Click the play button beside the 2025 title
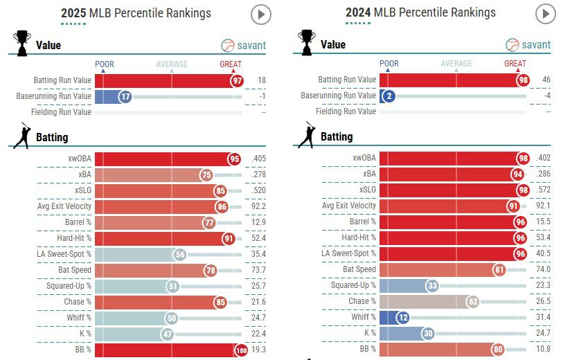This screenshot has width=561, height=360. (261, 14)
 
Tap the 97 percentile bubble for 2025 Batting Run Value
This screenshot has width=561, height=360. (238, 80)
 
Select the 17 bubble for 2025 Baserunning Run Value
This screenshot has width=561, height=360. (125, 96)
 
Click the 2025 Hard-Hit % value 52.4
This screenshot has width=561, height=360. (258, 238)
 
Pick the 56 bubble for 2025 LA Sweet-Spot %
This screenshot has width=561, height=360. (179, 254)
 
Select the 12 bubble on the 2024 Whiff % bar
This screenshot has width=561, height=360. (400, 317)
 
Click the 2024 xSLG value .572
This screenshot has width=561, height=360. (544, 190)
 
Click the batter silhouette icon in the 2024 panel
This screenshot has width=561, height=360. (308, 136)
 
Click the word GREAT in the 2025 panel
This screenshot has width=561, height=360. (231, 64)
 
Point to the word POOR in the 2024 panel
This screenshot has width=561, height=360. (389, 64)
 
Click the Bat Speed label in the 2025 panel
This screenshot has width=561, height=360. (75, 269)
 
